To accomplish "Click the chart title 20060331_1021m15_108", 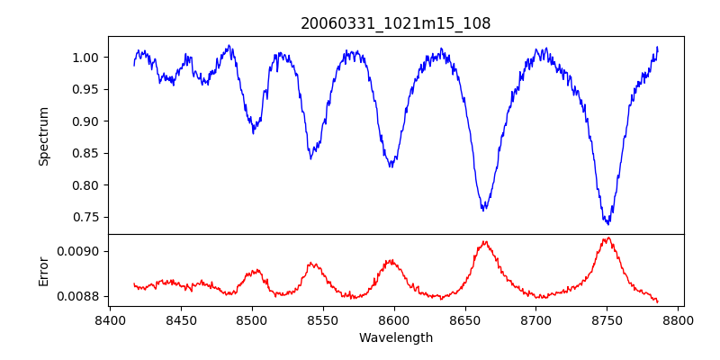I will click(x=395, y=23).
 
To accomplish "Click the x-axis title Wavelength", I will click(x=395, y=337).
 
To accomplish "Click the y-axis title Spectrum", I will click(x=43, y=136).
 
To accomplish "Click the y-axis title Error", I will click(x=43, y=271).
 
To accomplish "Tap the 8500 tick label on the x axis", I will click(x=252, y=319).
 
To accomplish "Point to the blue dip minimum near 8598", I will click(x=391, y=166).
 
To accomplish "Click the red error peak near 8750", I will click(x=608, y=238).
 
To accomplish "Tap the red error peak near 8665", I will click(x=485, y=241).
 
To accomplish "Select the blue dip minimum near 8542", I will click(x=310, y=158).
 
